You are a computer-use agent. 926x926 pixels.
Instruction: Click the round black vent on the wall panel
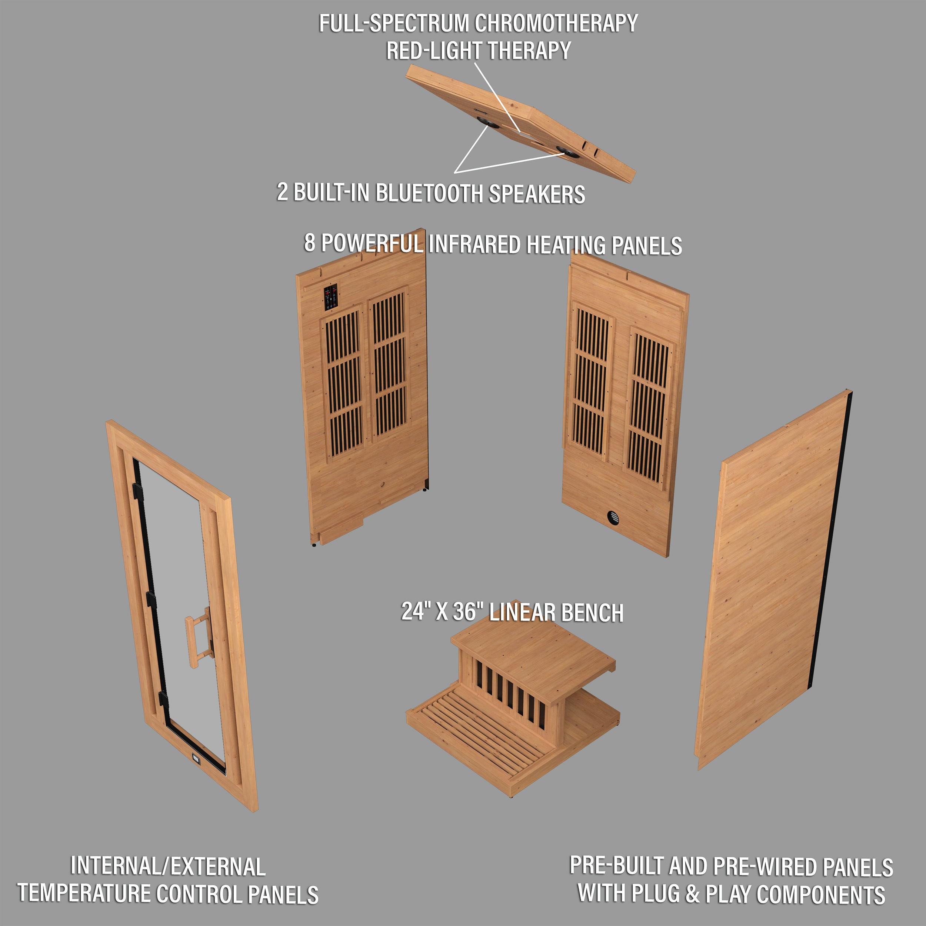click(x=613, y=517)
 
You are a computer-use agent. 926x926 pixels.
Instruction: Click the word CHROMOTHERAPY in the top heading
click(x=556, y=23)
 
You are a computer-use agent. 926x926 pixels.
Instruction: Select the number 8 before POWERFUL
click(x=310, y=243)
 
